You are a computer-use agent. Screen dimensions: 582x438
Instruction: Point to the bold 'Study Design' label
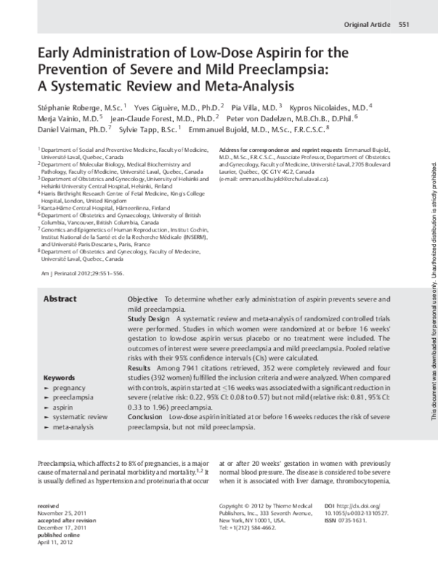[149, 320]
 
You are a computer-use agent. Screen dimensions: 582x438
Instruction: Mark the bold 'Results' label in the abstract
[139, 368]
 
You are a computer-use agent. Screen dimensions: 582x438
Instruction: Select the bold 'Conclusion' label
[145, 416]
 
